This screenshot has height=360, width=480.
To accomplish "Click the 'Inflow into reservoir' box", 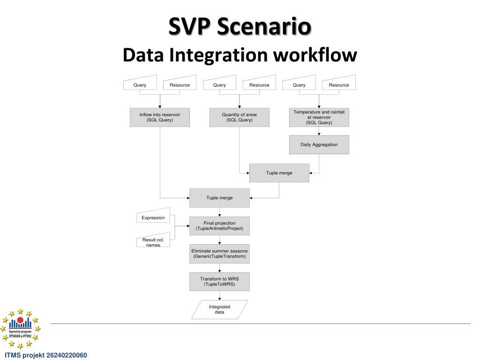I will click(x=159, y=117).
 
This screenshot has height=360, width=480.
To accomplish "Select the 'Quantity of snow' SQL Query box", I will click(x=239, y=117).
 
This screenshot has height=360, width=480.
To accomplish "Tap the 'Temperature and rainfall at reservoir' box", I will click(x=319, y=117).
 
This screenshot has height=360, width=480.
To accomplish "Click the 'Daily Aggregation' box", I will click(x=319, y=145).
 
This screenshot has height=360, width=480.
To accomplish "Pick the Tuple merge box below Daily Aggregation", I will click(x=279, y=173).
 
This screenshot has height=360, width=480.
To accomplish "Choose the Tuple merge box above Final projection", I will click(x=219, y=198).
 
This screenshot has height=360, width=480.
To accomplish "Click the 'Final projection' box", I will click(x=219, y=225).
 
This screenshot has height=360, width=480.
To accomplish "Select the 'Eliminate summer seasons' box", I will click(x=219, y=254).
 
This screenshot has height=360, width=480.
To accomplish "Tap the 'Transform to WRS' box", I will click(x=219, y=281).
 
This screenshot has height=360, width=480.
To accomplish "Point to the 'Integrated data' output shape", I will click(x=219, y=309).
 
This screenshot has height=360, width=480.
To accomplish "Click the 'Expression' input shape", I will click(x=153, y=217).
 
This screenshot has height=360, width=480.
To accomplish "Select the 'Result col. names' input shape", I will click(x=153, y=241).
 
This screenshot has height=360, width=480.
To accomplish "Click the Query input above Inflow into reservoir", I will click(x=140, y=84).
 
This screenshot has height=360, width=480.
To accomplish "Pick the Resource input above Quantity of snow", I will click(x=259, y=84).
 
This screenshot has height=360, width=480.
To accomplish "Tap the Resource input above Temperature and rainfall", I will click(x=339, y=84).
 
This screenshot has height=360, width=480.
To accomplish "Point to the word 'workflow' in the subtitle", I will click(x=315, y=55).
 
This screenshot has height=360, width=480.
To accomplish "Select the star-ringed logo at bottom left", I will click(x=20, y=328).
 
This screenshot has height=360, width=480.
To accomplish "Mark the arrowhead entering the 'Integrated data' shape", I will click(x=219, y=298).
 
